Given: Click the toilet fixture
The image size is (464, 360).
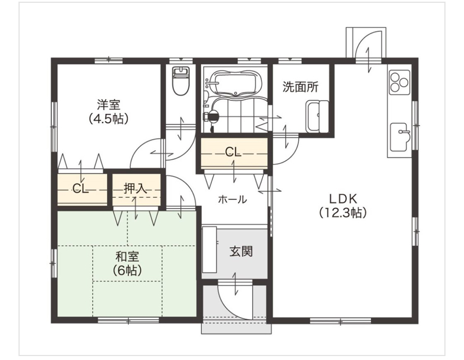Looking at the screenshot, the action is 181,81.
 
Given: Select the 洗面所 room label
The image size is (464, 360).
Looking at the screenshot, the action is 300,87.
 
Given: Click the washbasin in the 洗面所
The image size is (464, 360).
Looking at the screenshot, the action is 317,116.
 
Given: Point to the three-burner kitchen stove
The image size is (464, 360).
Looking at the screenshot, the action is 400,82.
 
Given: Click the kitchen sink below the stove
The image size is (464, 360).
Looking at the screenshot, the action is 400,137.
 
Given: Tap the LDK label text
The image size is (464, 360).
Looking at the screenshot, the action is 344,199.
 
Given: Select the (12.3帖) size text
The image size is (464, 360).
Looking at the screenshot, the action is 344,213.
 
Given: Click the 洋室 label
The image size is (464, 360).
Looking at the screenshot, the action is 109,105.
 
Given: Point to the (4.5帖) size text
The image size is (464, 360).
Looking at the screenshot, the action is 109,118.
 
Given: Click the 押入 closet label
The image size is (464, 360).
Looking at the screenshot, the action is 135,188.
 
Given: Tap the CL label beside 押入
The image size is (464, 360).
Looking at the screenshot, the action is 81,188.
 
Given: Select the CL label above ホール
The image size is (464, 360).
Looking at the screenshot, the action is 233,152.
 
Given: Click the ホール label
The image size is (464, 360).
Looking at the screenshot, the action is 233,200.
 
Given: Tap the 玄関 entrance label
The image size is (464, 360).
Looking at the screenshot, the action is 241,252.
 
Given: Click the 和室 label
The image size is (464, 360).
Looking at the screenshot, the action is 127,257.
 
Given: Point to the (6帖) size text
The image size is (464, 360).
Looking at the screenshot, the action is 127,270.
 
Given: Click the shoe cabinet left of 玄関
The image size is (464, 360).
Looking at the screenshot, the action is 210,250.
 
